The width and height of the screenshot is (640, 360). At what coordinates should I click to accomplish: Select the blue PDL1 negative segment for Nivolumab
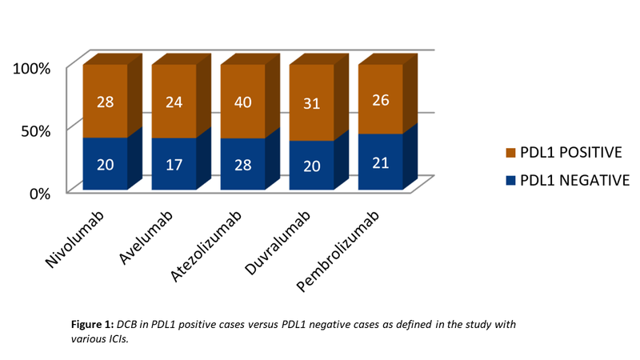point(106,164)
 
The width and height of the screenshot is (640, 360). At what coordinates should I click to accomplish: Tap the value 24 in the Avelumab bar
point(174,102)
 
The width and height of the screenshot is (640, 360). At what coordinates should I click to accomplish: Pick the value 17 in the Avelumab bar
point(174,164)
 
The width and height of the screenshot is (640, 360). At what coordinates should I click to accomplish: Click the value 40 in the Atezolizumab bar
point(242,102)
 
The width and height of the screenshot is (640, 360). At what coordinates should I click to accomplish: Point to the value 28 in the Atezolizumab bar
point(242,164)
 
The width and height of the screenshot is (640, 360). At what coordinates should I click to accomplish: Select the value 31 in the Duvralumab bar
point(311,103)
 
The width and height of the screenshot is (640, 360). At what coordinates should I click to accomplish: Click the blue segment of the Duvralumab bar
point(311,166)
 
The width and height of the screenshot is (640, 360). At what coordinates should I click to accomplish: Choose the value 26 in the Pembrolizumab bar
point(380,100)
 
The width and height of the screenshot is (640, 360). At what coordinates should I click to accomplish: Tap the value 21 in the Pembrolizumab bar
point(380,162)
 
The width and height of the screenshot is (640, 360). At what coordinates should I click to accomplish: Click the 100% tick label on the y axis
point(33,68)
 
